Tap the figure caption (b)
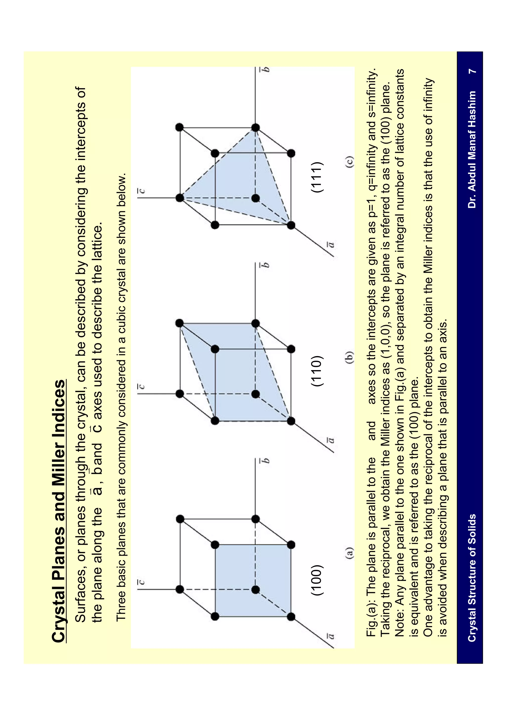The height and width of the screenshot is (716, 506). pyautogui.click(x=350, y=358)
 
